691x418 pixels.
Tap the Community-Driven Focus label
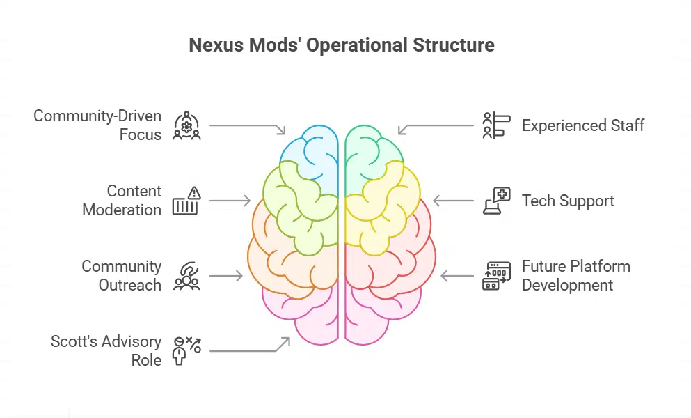coord(97,125)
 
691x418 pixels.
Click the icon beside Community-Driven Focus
coord(186,126)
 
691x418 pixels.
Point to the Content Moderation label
coord(122,201)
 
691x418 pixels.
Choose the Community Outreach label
coord(121,276)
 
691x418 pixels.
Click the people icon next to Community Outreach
coord(186,276)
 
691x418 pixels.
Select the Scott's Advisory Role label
coord(106,351)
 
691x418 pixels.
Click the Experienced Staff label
coord(583,126)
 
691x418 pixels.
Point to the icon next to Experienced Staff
coord(496,126)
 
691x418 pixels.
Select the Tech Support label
coord(568,201)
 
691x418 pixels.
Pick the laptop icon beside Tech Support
coord(496,201)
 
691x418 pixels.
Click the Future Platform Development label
coord(576,276)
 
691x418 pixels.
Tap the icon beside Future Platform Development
coord(496,276)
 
